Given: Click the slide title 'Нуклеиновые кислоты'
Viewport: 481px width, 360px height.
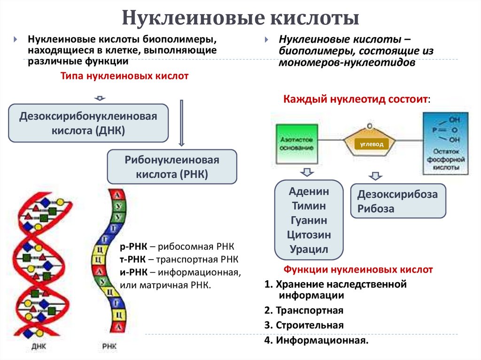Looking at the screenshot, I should [240, 19].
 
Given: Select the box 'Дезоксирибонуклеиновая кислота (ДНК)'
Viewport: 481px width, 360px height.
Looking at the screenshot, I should [88, 123].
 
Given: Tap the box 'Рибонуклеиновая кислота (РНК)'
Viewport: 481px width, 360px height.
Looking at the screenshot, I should [172, 167].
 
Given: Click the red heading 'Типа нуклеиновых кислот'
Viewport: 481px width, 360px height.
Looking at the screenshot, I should [124, 76].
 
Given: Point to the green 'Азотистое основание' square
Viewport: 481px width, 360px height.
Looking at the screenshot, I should [296, 144].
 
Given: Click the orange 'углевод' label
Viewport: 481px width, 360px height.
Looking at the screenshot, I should [372, 144].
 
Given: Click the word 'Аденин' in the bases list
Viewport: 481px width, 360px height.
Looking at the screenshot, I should [310, 191].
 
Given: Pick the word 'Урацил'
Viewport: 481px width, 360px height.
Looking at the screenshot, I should [310, 249].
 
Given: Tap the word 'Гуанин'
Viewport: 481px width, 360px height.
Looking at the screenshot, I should [310, 220].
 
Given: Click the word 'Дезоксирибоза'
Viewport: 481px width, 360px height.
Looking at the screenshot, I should [397, 194].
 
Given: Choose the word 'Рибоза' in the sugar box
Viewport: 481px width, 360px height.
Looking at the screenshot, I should [376, 209].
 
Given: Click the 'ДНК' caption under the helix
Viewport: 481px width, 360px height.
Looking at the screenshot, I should [39, 347].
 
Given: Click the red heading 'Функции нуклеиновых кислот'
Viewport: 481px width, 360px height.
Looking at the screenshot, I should [358, 270].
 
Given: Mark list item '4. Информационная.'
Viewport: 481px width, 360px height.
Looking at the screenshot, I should [316, 340].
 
